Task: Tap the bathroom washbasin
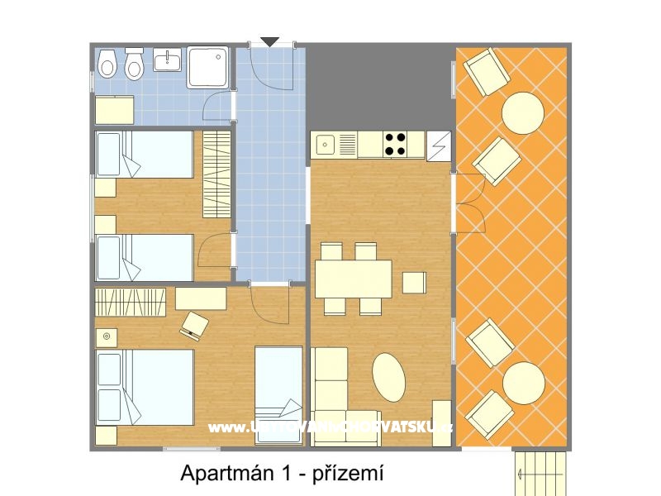tap(167, 60)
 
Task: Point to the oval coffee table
tap(389, 377)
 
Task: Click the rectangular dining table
tap(354, 279)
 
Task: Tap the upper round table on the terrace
tap(523, 112)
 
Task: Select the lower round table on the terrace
tap(524, 383)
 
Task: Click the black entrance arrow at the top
tap(270, 41)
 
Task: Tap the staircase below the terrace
tap(541, 473)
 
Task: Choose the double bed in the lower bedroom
tap(145, 387)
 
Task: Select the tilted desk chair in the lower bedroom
tap(194, 325)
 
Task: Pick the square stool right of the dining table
tap(413, 283)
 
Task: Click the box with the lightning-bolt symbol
tap(439, 145)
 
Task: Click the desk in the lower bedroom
tap(201, 298)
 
